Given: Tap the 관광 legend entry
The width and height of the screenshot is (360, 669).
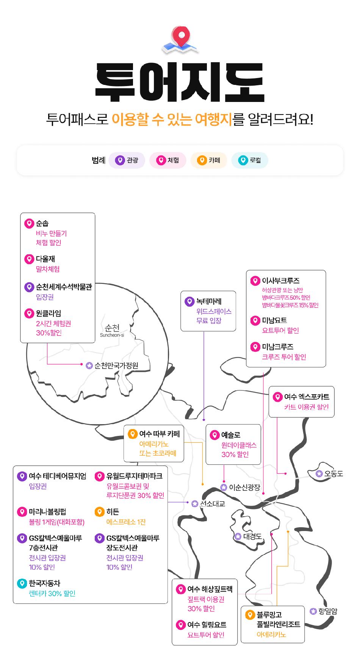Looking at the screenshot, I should [127, 160].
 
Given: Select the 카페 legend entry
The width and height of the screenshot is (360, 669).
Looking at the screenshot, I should [209, 160].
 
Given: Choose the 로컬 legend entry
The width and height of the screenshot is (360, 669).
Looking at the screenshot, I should [250, 160].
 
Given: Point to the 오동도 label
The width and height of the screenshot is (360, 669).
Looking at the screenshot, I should [333, 473].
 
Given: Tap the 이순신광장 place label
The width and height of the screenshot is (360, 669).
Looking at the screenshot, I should [244, 487].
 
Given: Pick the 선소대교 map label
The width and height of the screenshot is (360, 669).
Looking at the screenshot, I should [212, 504].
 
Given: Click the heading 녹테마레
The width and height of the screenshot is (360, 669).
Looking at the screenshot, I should [209, 302].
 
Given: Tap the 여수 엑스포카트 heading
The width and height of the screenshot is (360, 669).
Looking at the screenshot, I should [307, 397].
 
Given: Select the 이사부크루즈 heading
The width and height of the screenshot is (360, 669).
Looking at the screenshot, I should [281, 281].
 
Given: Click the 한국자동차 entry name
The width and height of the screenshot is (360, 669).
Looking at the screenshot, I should [44, 583].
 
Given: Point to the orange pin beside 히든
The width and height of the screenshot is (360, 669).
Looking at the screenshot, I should [99, 512].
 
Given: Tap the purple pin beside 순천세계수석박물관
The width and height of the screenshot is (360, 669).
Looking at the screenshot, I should [29, 287].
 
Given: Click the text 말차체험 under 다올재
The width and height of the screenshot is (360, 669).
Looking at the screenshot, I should [48, 269].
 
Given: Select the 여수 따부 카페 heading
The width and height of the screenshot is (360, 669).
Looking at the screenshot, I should [160, 434].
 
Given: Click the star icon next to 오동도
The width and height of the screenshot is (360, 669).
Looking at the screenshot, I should [319, 473].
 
